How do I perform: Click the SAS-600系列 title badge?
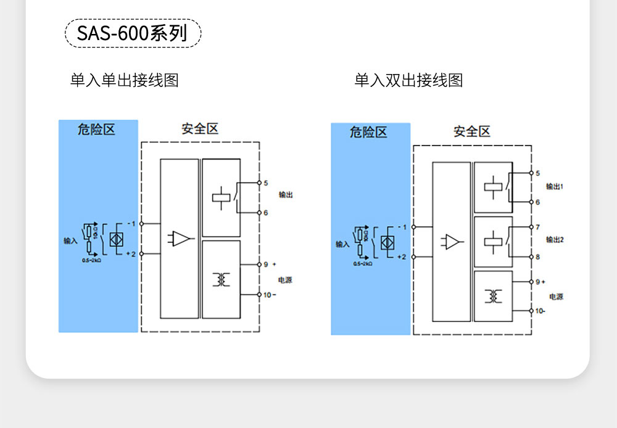133,33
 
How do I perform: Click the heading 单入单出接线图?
124,80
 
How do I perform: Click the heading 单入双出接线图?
408,80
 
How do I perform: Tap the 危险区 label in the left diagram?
97,130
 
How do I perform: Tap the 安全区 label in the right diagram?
471,131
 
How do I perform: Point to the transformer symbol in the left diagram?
221,279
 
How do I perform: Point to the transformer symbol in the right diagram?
493,296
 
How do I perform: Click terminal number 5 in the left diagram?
266,183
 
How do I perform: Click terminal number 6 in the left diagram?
266,213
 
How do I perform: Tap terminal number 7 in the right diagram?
537,227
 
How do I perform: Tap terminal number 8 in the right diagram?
537,257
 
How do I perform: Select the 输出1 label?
555,186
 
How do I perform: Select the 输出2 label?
555,239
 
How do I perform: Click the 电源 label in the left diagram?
284,280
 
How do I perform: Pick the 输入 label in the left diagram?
70,241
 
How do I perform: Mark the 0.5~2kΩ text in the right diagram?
362,264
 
